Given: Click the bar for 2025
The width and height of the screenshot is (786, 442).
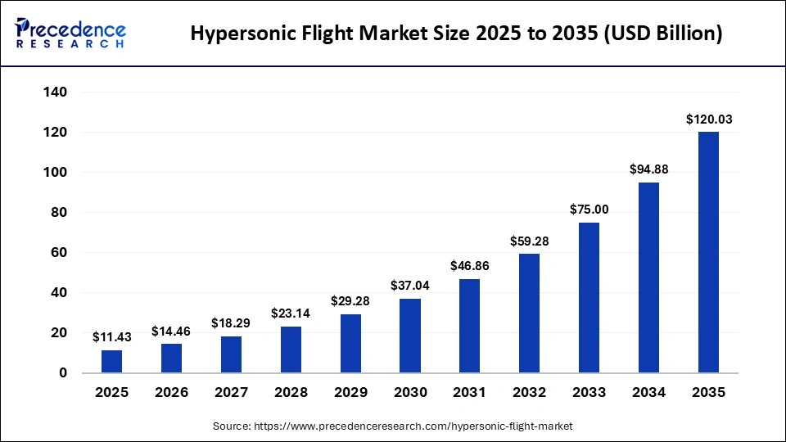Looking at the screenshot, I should [x=111, y=362].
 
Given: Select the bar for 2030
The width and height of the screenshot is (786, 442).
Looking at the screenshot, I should [x=410, y=336].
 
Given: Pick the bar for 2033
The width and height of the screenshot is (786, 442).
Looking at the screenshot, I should [x=589, y=298].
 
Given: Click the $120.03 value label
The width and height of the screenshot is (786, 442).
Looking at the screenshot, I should [x=709, y=120].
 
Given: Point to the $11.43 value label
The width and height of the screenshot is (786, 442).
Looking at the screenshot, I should [x=112, y=337].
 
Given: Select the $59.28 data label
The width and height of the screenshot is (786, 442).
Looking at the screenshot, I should [x=530, y=241].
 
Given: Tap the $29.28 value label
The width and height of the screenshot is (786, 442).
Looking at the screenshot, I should [x=350, y=301].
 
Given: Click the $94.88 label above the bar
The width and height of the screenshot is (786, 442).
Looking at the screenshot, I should [x=649, y=169].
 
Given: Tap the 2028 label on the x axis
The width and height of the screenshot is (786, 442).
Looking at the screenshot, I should [x=291, y=393].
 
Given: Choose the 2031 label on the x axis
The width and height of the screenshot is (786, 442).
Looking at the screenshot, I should [x=470, y=393].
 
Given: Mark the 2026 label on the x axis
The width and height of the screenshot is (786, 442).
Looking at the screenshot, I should [x=171, y=393].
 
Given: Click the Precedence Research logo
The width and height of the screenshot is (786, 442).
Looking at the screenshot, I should [x=70, y=32].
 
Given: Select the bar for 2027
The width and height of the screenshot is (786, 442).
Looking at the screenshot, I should [x=231, y=354].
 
